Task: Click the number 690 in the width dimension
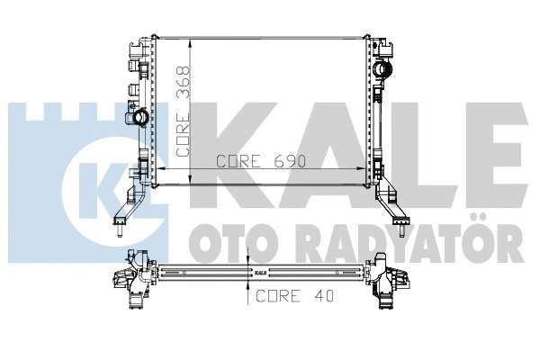pos(289,162)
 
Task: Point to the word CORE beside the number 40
pos(278,295)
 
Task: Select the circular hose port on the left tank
pos(142,118)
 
